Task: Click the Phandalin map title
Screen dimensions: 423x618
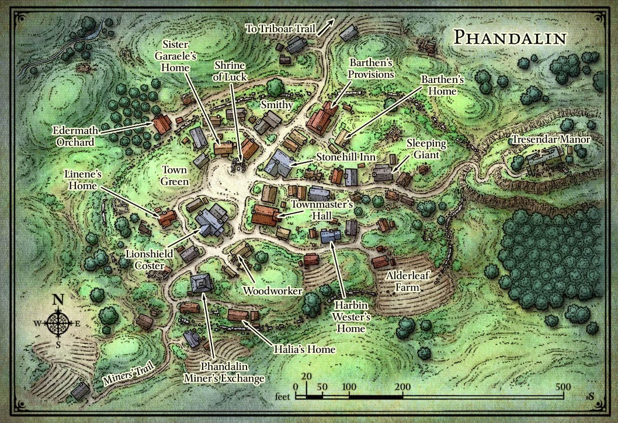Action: click(510, 37)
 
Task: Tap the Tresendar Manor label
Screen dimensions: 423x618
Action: click(551, 140)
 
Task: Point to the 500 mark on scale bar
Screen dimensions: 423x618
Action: click(563, 387)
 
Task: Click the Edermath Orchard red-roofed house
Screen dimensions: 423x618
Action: click(162, 124)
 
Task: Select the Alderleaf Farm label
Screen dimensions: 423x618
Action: click(407, 282)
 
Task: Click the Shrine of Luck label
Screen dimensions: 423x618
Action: click(230, 70)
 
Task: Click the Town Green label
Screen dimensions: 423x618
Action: click(175, 176)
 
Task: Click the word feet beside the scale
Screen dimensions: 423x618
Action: click(283, 397)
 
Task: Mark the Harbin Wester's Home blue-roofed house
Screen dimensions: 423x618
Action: click(331, 235)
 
